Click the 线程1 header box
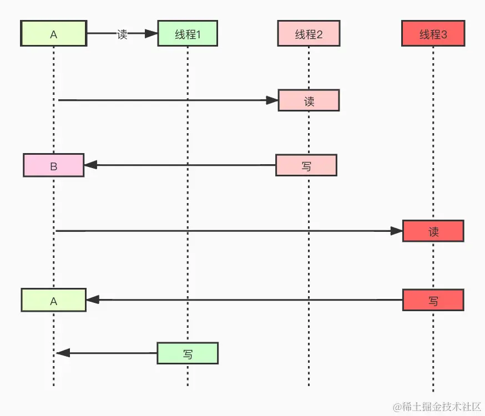[x=187, y=33]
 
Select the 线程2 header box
[x=309, y=33]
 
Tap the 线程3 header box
[x=433, y=33]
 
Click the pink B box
[x=54, y=165]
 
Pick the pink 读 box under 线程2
[x=309, y=100]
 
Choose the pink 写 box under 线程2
[x=306, y=165]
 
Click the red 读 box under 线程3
[x=433, y=231]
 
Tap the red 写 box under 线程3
[x=433, y=300]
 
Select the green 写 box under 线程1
[x=188, y=353]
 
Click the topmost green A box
[x=54, y=33]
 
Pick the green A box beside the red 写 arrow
[x=54, y=300]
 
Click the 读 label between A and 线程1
[x=122, y=33]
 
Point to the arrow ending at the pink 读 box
[x=166, y=100]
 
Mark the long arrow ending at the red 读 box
[x=228, y=231]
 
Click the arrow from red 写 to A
[x=244, y=300]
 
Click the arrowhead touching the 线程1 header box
[x=151, y=33]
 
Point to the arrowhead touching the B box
[x=90, y=165]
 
